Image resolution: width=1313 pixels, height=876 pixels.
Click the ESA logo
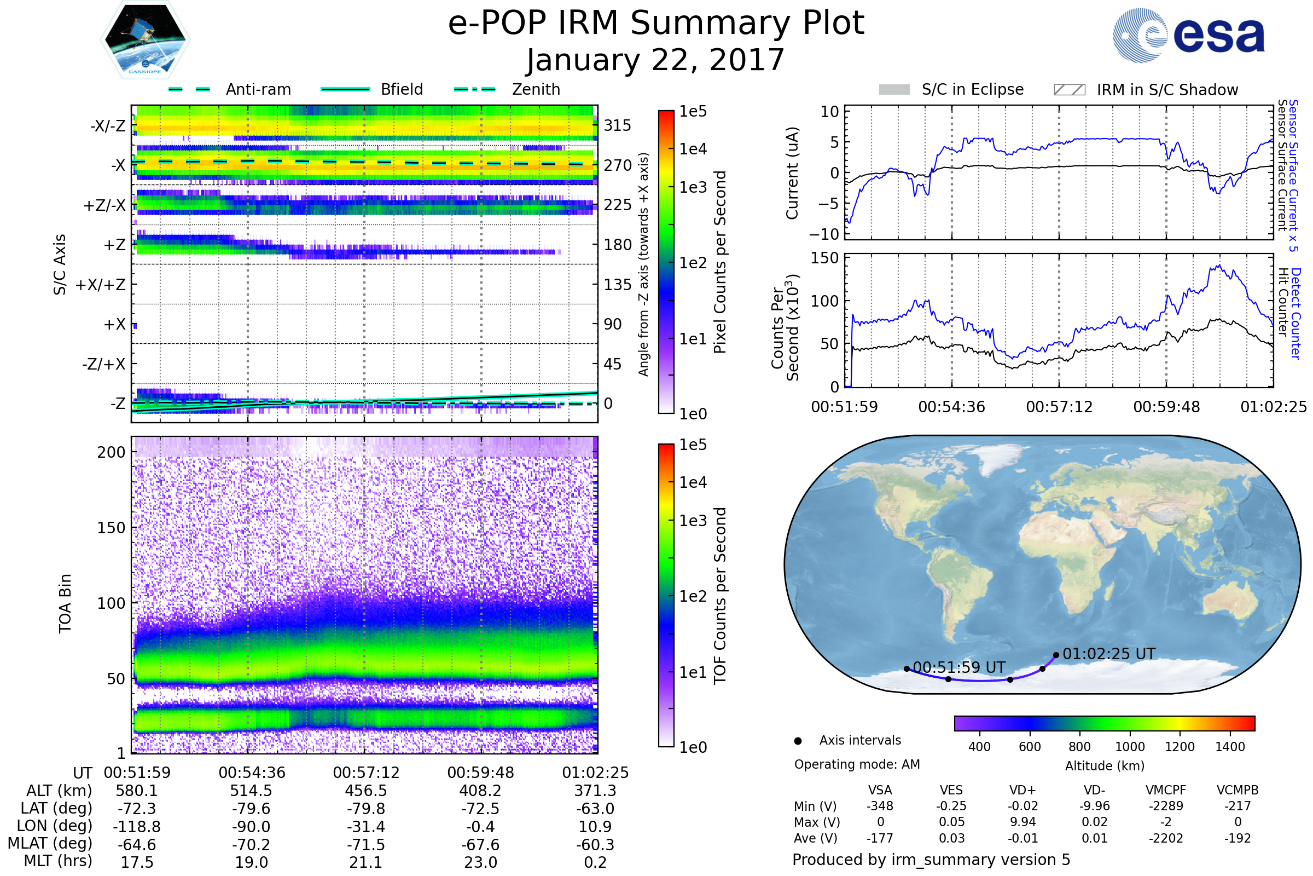(x=1188, y=34)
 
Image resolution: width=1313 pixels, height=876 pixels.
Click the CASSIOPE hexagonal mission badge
(x=145, y=39)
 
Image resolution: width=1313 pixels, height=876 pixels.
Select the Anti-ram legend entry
(x=229, y=89)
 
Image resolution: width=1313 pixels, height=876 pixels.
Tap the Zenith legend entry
(x=507, y=89)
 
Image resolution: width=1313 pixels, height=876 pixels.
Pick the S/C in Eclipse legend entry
(x=951, y=89)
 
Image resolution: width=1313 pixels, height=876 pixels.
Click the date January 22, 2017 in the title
(x=656, y=60)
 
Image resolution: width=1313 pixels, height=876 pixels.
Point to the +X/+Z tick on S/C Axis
(x=101, y=285)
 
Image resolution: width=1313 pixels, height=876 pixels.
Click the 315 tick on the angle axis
(x=617, y=125)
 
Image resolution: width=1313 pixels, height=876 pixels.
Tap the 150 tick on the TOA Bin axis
(x=111, y=528)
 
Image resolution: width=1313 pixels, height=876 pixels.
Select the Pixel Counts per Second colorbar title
(x=720, y=262)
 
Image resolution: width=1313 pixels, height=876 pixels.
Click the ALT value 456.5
(x=365, y=791)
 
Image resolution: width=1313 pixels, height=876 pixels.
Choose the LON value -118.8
(x=137, y=826)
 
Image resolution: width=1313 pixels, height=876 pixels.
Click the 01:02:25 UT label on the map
(x=1109, y=654)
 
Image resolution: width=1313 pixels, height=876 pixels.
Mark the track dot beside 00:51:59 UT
(x=907, y=668)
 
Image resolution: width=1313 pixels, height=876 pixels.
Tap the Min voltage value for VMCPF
(x=1166, y=806)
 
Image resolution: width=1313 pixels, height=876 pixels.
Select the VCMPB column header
(x=1238, y=790)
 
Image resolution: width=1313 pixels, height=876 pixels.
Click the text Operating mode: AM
(x=857, y=764)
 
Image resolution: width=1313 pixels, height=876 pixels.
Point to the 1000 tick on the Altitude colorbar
(x=1130, y=747)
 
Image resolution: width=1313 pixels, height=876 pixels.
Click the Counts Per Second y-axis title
(x=785, y=327)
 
